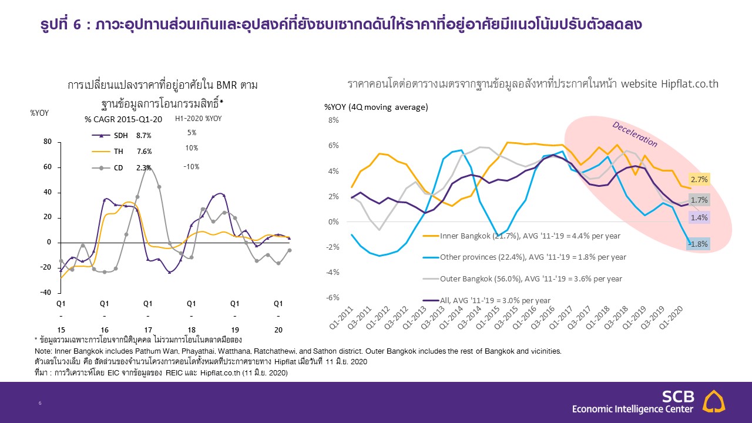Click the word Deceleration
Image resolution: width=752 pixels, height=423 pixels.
pos(634,134)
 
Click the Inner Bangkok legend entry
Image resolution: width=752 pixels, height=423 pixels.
pos(529,236)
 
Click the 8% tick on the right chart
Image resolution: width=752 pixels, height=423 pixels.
pos(333,120)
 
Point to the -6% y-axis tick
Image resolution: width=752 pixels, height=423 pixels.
pos(333,298)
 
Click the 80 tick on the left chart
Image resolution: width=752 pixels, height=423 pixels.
pos(48,142)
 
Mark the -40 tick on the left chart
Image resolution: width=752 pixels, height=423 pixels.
pos(46,293)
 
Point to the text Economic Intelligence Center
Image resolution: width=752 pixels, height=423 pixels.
pos(633,409)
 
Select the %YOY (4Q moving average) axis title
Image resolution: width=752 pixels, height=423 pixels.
pos(376,107)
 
